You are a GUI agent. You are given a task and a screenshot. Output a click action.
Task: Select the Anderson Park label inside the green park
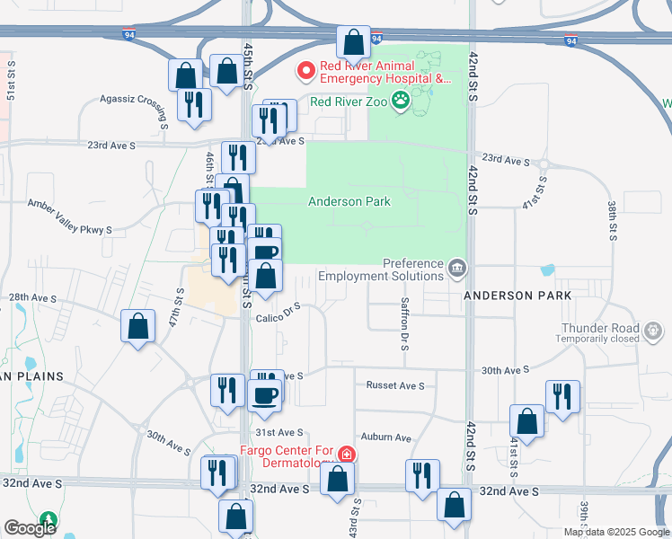coord(349,202)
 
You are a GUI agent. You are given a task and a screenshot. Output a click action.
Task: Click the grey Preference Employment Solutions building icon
coord(457,267)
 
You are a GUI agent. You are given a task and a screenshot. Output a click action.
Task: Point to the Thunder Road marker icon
coord(654,332)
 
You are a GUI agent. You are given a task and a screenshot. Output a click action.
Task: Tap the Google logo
coord(30,527)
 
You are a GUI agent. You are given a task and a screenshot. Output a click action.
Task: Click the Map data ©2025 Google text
coord(616,532)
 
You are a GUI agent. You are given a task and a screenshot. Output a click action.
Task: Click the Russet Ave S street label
coord(394,385)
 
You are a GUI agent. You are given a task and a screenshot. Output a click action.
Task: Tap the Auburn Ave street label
coord(388,438)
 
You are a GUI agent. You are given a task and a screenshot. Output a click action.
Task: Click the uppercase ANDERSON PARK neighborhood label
coord(517,296)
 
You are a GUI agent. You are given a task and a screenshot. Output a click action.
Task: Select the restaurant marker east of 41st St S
coord(562,396)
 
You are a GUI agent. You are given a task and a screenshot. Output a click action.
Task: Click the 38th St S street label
coord(613,220)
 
